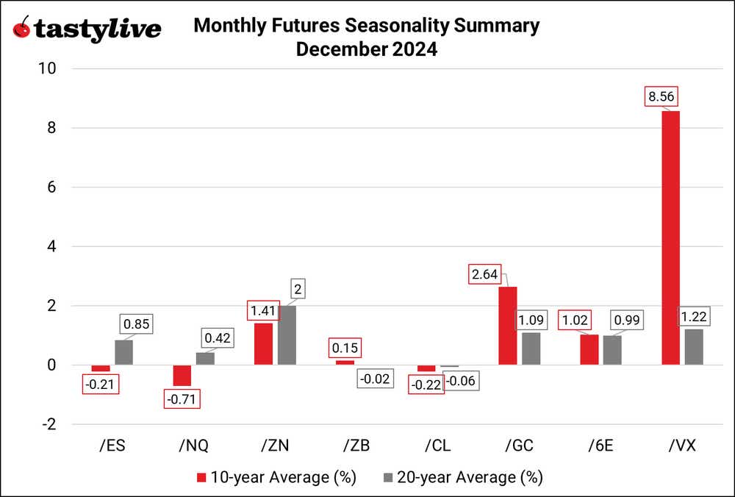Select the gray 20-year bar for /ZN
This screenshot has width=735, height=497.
coord(287,335)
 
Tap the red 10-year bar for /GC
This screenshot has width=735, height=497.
coord(507,326)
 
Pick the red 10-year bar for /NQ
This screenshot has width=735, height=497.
coord(182,375)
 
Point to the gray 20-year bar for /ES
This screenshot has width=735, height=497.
coord(124,352)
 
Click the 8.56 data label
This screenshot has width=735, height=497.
coord(659,96)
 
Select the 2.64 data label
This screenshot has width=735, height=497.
coord(485,275)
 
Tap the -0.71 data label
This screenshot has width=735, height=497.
coord(182,400)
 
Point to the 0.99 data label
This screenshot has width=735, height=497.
coord(628,321)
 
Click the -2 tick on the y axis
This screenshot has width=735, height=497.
coord(49,424)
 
